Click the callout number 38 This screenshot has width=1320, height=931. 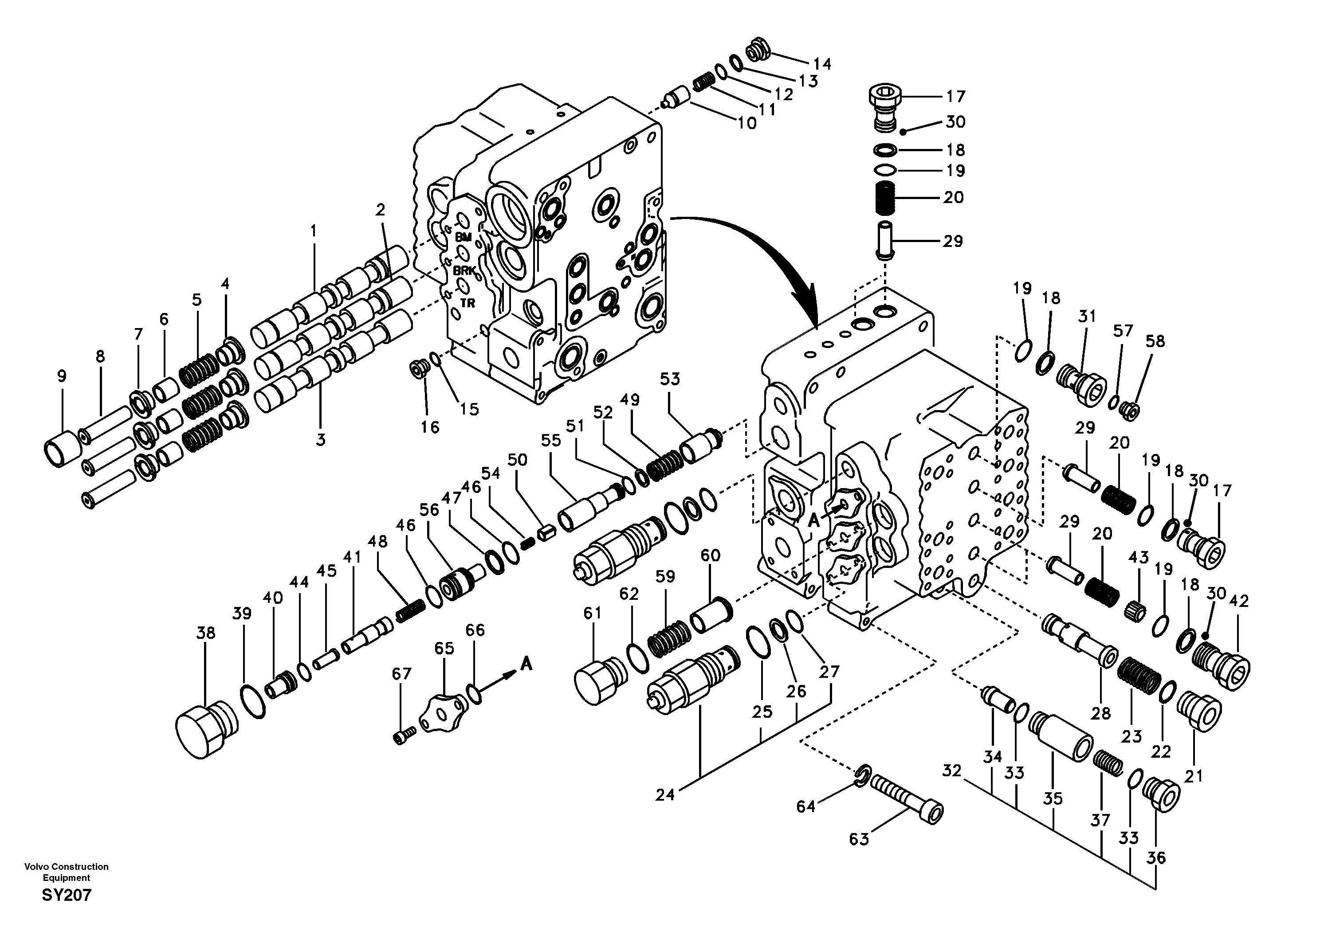tap(205, 633)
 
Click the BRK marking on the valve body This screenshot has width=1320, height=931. tap(464, 270)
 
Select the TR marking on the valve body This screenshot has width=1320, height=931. tap(467, 303)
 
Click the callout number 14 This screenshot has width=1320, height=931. tap(822, 64)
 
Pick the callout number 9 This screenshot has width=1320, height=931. tap(62, 376)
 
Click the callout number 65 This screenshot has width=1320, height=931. tap(444, 648)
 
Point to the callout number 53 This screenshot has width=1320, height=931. tap(670, 379)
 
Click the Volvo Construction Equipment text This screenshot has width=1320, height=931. tap(66, 872)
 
